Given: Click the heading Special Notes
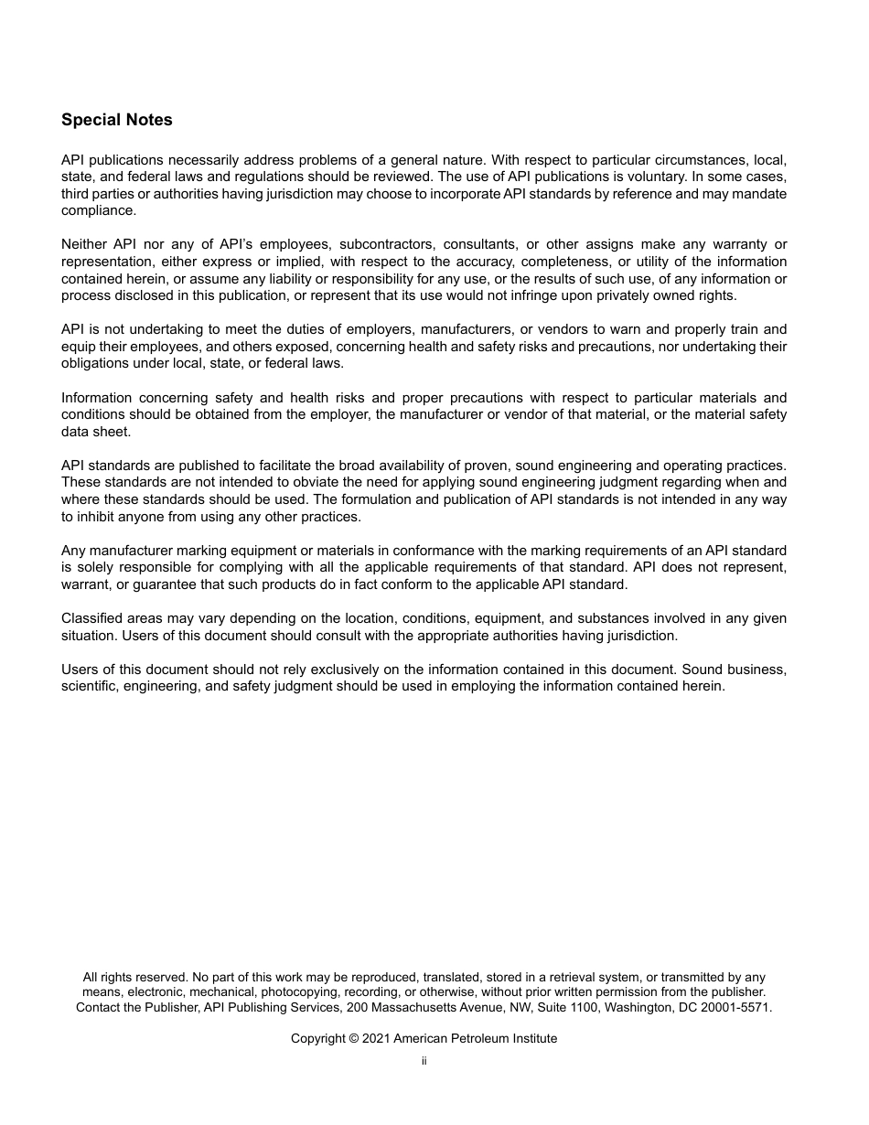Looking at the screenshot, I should click(116, 120).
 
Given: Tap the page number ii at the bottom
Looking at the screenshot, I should click(424, 1061).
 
